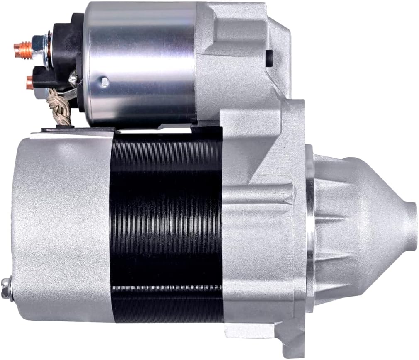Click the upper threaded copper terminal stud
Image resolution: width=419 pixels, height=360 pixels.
click(x=21, y=49)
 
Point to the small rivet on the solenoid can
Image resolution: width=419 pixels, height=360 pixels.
click(x=105, y=82)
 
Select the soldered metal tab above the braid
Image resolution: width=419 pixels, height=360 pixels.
click(x=73, y=78)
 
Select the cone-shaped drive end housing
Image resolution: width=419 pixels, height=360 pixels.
click(x=357, y=224)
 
